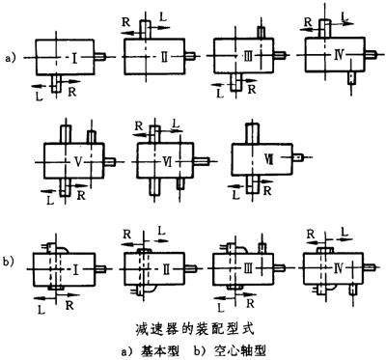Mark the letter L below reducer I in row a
[36, 95]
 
